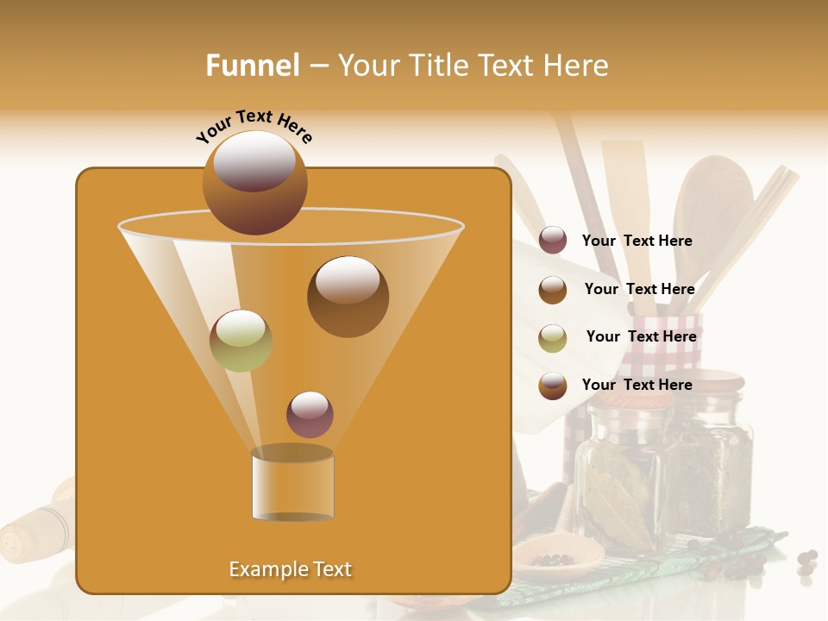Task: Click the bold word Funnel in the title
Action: coord(252,66)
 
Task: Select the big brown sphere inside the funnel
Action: coord(348,296)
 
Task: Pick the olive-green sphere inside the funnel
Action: coord(241,341)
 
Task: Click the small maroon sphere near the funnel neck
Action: coord(310,414)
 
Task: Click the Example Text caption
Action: coord(290,569)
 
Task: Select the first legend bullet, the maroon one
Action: coord(553,241)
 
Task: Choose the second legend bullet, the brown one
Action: coord(553,290)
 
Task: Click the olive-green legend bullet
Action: coord(553,337)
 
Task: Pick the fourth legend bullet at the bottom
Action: coord(553,385)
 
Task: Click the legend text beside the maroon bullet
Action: coord(637,241)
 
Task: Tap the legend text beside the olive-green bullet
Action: coord(641,337)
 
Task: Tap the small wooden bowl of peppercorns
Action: coord(557,555)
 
